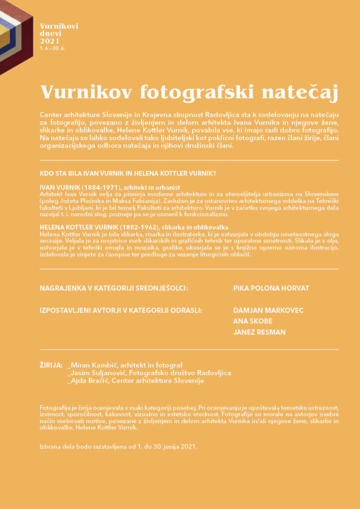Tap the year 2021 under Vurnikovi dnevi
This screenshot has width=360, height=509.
[50, 42]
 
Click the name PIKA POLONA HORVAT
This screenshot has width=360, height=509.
[271, 288]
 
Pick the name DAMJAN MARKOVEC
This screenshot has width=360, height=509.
[268, 310]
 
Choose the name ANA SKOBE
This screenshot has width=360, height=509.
[253, 321]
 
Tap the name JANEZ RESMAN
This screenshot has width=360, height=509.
[259, 332]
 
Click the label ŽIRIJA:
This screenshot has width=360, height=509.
[51, 365]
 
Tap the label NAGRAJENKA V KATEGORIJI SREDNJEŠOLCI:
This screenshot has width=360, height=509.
[114, 288]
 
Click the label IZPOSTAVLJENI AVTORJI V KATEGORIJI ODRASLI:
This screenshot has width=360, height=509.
[121, 310]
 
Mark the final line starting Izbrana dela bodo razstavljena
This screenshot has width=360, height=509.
[118, 446]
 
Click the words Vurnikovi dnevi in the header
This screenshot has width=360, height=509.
[59, 30]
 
